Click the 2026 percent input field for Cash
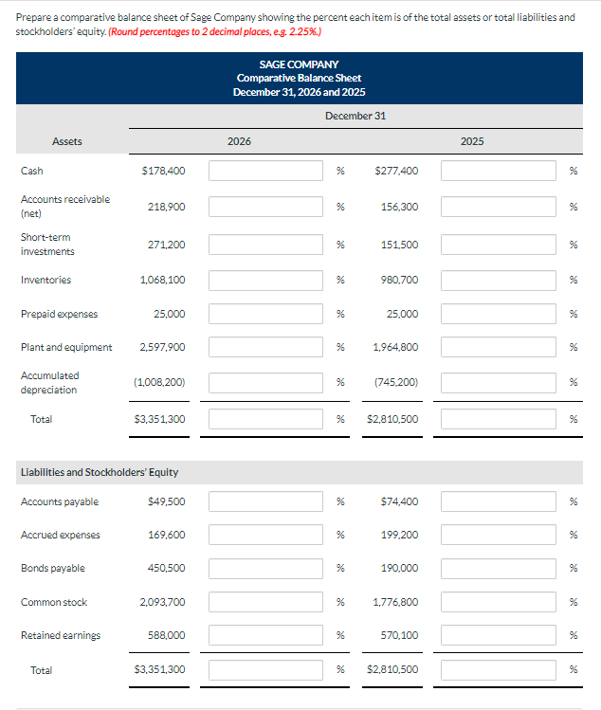coord(266,171)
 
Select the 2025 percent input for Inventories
coord(499,280)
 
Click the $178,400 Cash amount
coord(163,171)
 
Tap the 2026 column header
coord(240,141)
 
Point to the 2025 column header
coord(472,141)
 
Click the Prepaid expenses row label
coord(59,314)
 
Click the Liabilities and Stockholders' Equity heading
coord(100,472)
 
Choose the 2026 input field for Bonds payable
coord(266,568)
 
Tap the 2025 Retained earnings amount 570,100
coord(398,635)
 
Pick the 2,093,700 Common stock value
coord(162,602)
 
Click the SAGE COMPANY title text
coord(299,64)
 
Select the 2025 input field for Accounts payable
coord(499,501)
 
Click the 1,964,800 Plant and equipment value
coord(395,347)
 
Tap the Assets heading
coord(66,141)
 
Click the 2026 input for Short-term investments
coord(266,245)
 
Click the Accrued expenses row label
coord(61,535)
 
